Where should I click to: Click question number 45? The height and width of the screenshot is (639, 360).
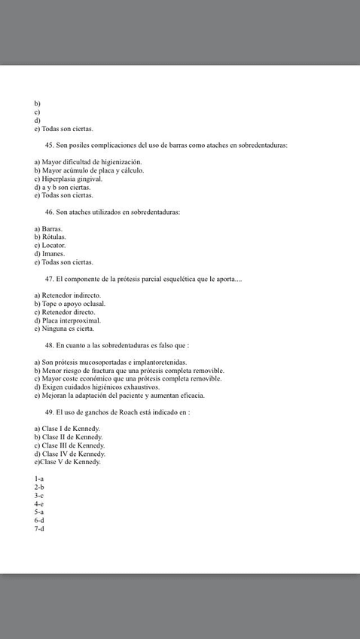[x=50, y=145]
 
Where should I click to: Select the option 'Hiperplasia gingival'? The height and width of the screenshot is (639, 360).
[x=72, y=179]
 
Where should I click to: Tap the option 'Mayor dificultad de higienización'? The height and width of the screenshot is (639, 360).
[x=91, y=162]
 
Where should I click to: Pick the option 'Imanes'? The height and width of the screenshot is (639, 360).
[x=53, y=254]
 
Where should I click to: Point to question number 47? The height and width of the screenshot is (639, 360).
[x=50, y=279]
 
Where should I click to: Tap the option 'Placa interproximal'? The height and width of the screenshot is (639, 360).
[x=71, y=320]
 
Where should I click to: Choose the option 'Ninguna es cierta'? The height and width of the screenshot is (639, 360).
[x=67, y=329]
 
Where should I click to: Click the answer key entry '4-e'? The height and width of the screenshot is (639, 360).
[x=39, y=503]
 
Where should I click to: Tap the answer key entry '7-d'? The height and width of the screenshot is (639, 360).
[x=39, y=528]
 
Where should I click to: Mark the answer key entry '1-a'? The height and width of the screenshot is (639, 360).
[x=39, y=478]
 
